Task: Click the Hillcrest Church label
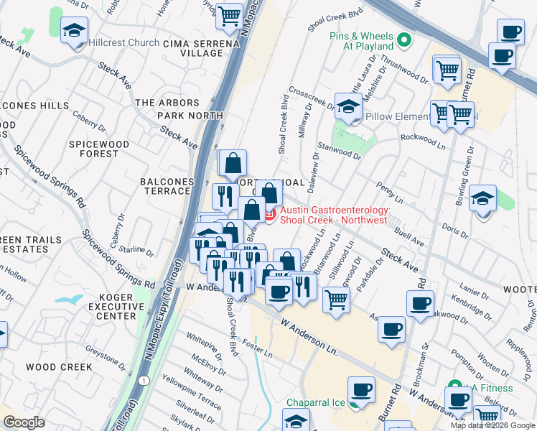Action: (124, 43)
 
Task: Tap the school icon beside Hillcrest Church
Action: (74, 32)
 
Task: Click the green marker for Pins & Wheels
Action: (405, 40)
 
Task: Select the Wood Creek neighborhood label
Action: (59, 367)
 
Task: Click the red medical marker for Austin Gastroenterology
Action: (270, 215)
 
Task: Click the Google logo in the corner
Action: (24, 422)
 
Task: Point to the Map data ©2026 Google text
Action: (492, 425)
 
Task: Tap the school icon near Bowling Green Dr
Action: (482, 197)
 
